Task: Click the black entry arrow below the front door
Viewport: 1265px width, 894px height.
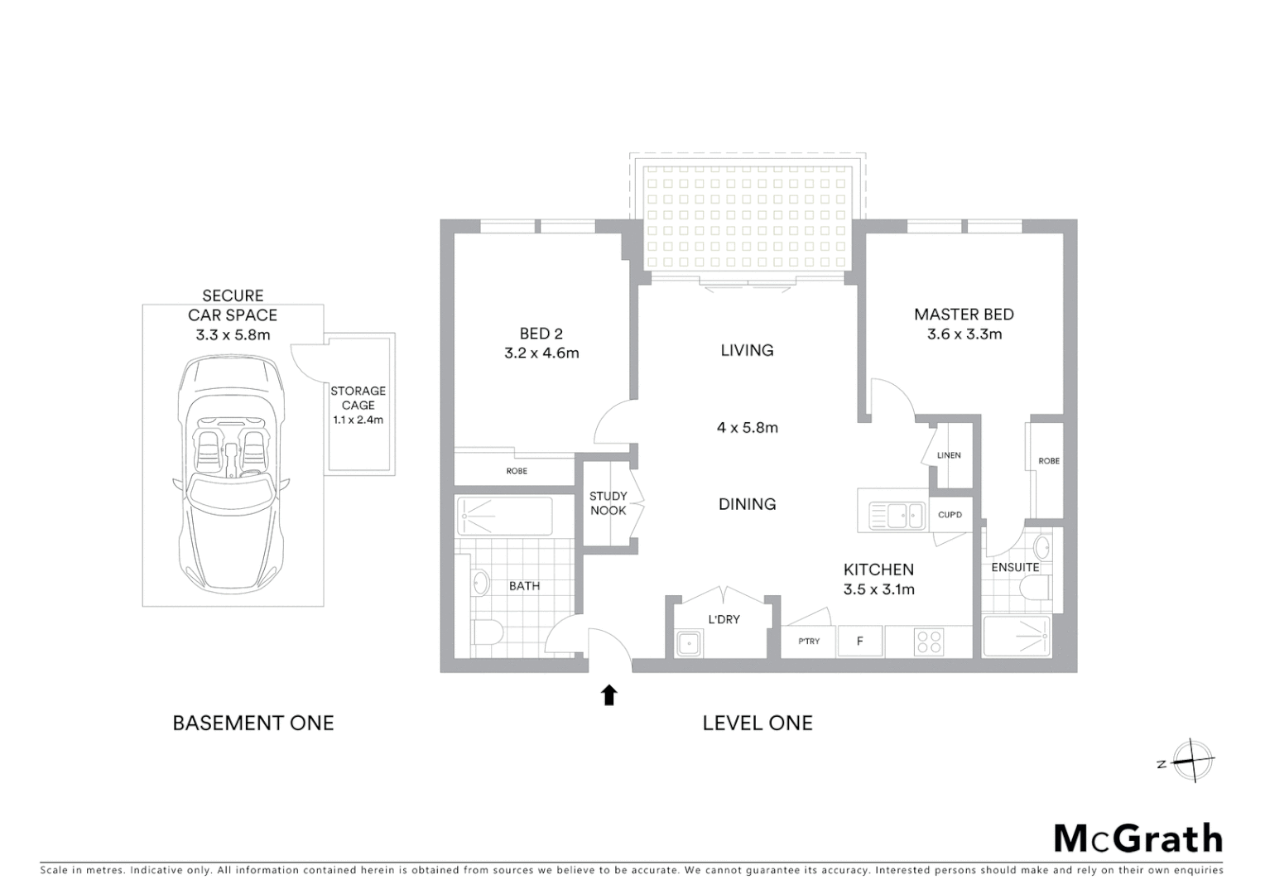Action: [609, 695]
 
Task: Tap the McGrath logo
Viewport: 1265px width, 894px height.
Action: [1138, 839]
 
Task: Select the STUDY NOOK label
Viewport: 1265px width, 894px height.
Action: [608, 503]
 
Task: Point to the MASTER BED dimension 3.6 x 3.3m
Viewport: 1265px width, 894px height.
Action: [964, 334]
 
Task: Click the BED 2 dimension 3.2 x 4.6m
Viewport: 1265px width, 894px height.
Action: [541, 353]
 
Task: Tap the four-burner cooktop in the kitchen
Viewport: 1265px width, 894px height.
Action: [929, 642]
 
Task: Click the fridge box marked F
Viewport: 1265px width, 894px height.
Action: [860, 642]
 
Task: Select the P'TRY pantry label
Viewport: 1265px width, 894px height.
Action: [809, 642]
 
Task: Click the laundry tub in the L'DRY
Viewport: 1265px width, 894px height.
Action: [689, 643]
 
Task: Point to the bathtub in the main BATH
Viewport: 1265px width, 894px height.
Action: [503, 517]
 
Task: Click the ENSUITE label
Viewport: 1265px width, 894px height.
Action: [1015, 567]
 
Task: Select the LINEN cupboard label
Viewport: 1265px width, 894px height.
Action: [949, 455]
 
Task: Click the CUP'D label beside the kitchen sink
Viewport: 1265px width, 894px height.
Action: [950, 515]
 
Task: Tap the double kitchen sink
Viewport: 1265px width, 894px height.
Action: [897, 516]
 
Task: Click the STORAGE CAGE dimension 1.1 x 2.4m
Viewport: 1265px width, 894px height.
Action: [358, 420]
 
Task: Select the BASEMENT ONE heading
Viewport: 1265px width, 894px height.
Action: [253, 723]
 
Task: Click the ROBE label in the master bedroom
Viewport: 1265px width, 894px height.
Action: [1048, 461]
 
